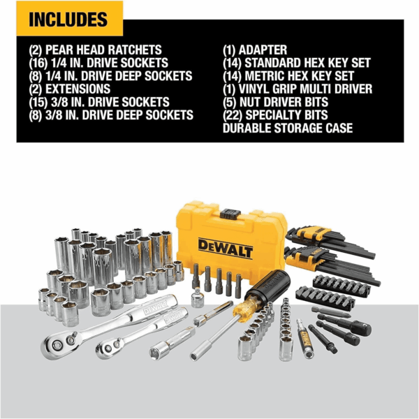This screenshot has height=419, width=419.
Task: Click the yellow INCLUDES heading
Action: [68, 20]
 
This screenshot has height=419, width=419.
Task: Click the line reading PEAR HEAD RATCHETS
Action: [103, 50]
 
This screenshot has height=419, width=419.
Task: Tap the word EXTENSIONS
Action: [78, 89]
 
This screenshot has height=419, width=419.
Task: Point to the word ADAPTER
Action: [263, 50]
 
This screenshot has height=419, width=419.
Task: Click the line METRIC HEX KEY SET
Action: [300, 76]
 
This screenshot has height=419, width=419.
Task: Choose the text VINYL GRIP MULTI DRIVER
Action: [305, 89]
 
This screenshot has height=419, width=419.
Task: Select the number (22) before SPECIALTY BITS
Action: [233, 115]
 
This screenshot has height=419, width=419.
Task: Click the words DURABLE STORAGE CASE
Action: [288, 128]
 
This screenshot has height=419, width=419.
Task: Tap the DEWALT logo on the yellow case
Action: [226, 249]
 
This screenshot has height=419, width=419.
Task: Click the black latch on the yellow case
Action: [230, 214]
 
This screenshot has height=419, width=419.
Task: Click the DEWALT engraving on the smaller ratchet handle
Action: [173, 317]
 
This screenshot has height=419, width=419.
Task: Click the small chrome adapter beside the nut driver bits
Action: [198, 297]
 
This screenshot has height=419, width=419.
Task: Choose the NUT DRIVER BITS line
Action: [284, 102]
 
